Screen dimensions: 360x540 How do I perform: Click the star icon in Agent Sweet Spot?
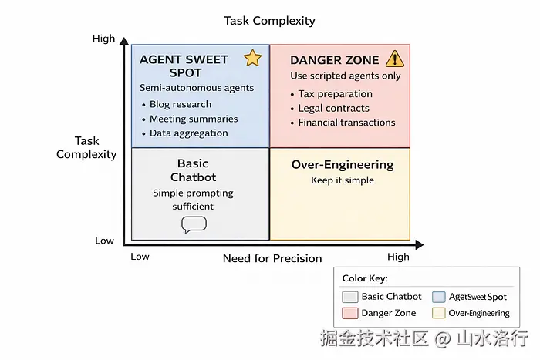coord(252,59)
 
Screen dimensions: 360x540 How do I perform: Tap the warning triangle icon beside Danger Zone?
coord(394,59)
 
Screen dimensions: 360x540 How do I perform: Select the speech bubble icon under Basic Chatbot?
coord(194,224)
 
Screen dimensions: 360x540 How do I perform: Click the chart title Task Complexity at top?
coord(269,21)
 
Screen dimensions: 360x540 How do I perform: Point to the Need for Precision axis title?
coord(272,258)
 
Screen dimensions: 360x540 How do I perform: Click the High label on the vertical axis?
coord(103,39)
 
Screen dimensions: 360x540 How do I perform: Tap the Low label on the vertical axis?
coord(104,241)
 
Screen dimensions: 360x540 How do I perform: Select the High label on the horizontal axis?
coord(398,257)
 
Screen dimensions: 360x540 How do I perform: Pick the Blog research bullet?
coord(181,105)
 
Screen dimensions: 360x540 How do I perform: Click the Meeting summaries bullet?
coord(194,119)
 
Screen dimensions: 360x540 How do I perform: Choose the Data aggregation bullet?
coord(189,133)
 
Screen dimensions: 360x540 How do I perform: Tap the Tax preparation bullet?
coord(336,94)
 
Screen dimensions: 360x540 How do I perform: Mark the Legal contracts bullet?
coord(334,108)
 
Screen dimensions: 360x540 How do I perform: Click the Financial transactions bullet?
coord(346,122)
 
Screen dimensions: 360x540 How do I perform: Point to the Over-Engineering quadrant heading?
coord(343,165)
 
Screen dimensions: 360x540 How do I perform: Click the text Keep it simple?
coord(343,180)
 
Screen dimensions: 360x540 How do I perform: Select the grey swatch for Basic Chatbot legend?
coord(349,297)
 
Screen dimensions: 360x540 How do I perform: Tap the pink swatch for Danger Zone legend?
coord(349,313)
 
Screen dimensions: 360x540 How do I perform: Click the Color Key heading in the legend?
coord(365,278)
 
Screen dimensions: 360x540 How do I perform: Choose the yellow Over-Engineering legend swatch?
coord(439,313)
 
